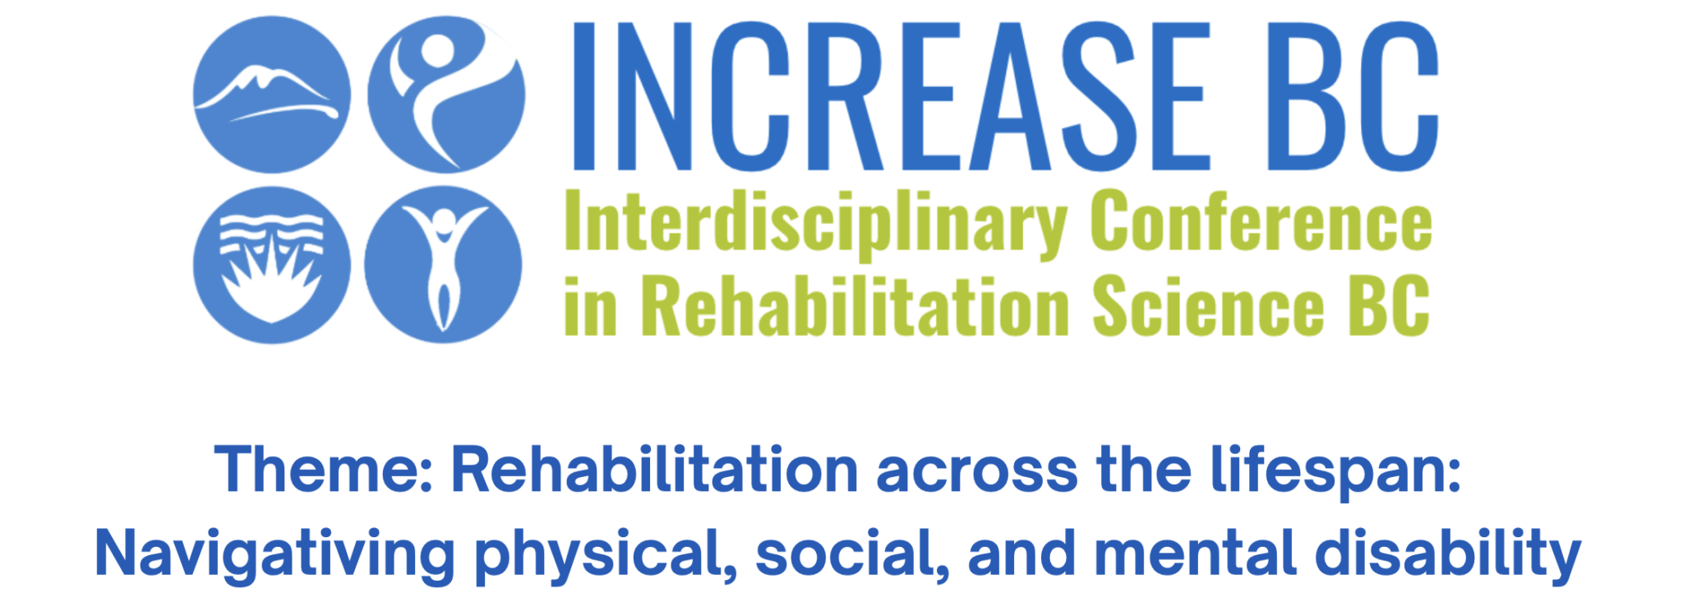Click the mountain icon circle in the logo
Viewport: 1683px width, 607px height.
point(272,95)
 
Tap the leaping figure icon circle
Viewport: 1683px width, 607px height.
point(446,95)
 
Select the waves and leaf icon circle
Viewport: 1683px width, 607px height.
point(272,265)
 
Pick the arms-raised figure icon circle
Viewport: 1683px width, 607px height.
point(443,265)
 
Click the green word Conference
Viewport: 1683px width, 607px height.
point(1261,220)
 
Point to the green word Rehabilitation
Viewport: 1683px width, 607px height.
point(855,305)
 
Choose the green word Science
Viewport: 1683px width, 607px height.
point(1208,305)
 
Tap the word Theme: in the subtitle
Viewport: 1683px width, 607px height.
point(324,470)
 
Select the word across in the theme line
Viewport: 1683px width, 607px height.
point(977,473)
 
